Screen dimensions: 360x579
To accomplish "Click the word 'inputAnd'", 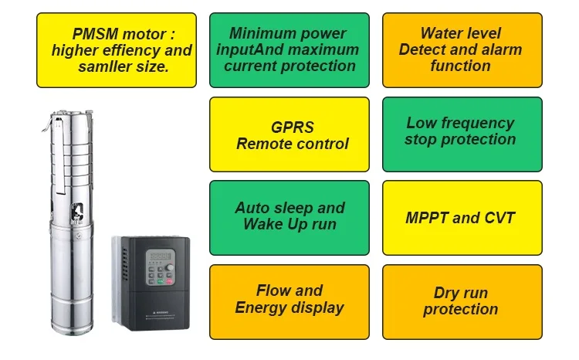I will (256, 50).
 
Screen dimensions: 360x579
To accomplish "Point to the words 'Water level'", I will (461, 33).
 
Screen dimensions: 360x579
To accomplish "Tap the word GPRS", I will (292, 127).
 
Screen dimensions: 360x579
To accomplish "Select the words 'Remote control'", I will (292, 144).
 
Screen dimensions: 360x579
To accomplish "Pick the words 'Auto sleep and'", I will (289, 208).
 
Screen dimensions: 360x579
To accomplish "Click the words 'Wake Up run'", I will (289, 225).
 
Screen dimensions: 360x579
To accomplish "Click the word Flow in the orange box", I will (274, 290).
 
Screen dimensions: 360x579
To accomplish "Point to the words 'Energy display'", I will (289, 307).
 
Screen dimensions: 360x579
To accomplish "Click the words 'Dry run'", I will (461, 293).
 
